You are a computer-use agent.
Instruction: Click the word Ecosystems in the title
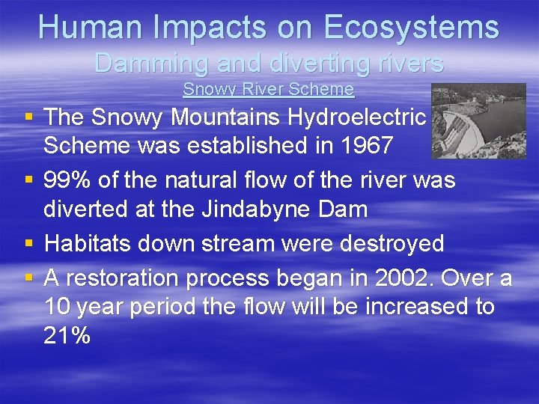(x=412, y=27)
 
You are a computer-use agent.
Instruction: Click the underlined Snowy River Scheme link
(x=268, y=89)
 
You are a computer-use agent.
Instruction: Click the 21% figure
(x=67, y=336)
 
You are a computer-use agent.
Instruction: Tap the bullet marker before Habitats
(x=28, y=244)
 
